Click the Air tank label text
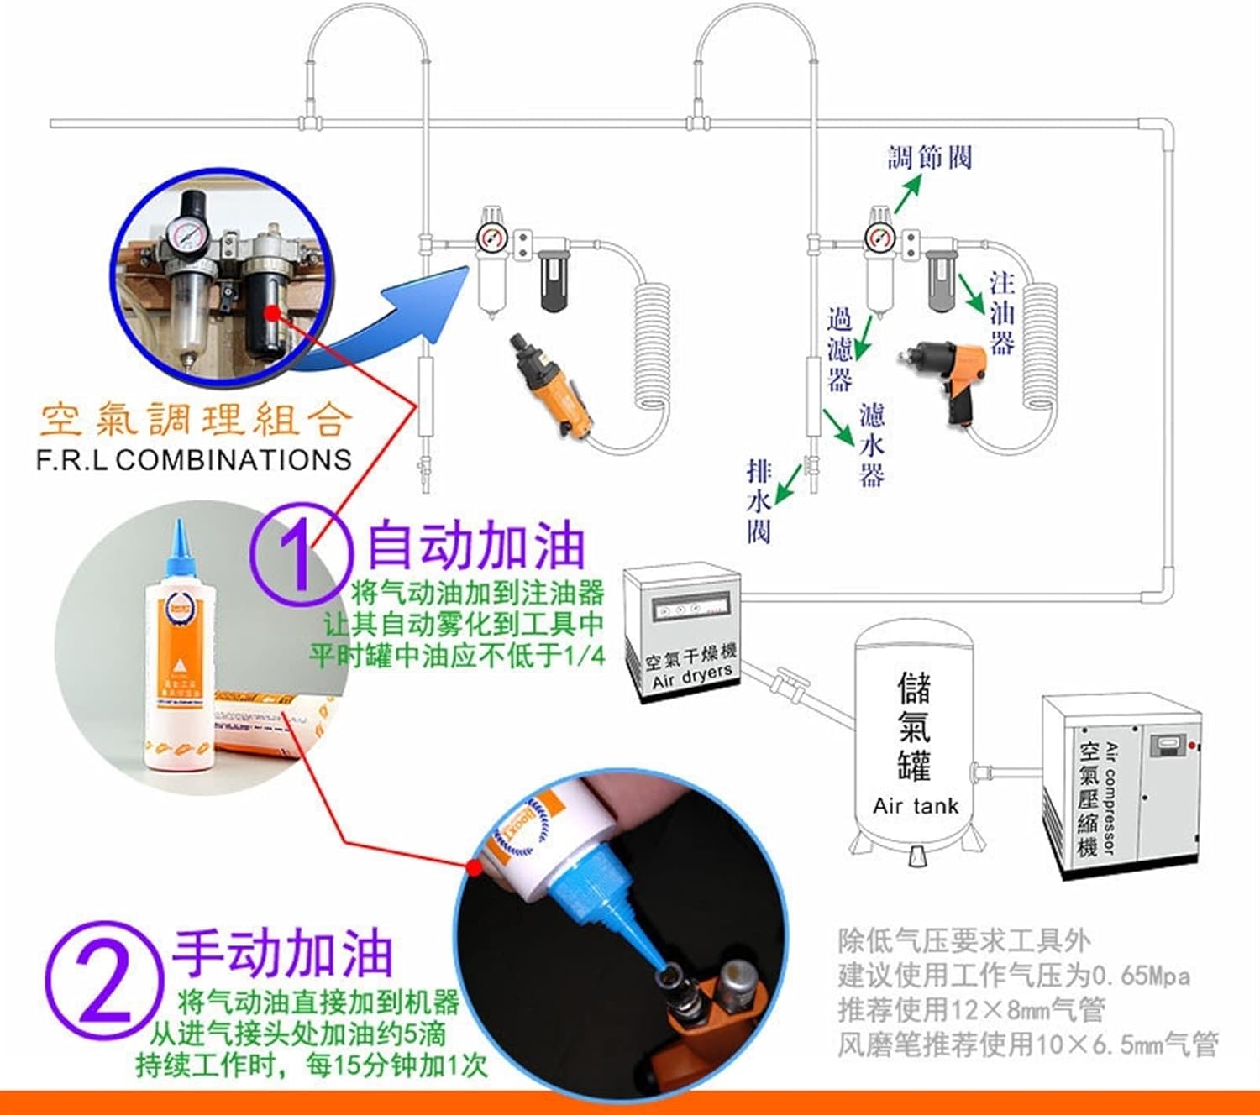[915, 806]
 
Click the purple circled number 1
[300, 555]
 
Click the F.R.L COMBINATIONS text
[194, 460]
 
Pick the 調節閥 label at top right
[930, 157]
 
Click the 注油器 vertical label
[1001, 312]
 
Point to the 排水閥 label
[759, 501]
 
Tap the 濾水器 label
[871, 445]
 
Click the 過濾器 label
[839, 349]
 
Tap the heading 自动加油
[475, 547]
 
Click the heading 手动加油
[283, 954]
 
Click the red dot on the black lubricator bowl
[271, 313]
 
